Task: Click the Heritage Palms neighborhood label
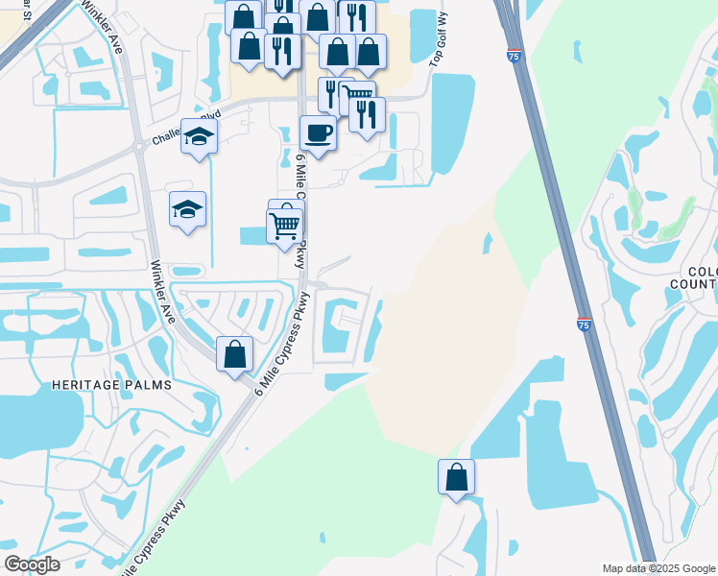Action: click(113, 385)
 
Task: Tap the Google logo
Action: click(32, 564)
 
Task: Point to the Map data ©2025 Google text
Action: click(658, 568)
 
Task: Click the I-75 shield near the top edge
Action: click(515, 59)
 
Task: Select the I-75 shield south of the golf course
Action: click(584, 326)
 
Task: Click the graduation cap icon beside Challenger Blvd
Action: click(199, 136)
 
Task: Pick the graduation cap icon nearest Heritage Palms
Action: click(187, 208)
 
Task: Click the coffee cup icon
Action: click(318, 132)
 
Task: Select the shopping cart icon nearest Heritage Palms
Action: click(285, 227)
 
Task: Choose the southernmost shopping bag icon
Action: click(457, 476)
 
